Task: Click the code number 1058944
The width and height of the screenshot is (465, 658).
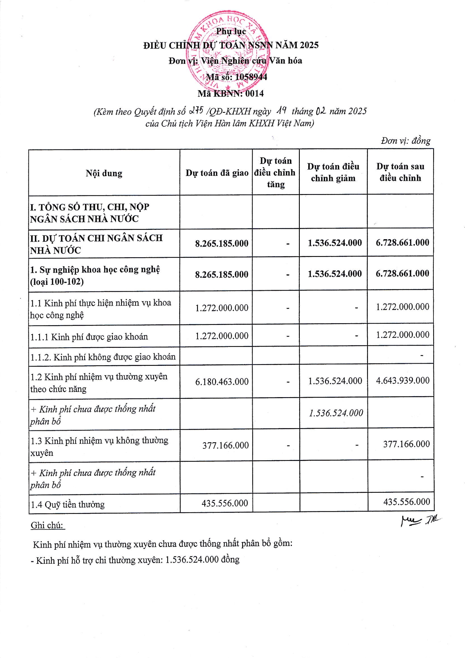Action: tap(251, 77)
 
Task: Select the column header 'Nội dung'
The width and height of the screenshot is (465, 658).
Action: tap(104, 173)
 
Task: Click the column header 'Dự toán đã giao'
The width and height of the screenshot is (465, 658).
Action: tap(217, 173)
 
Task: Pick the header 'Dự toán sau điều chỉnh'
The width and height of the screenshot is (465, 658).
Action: tap(400, 172)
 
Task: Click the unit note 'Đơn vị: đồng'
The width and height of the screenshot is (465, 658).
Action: tap(405, 141)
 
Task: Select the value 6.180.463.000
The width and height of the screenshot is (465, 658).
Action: tap(222, 382)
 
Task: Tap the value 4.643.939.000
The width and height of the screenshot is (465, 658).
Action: tap(403, 381)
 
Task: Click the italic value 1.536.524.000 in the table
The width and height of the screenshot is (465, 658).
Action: tap(336, 413)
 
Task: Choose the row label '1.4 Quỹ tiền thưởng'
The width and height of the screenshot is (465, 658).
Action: tap(68, 505)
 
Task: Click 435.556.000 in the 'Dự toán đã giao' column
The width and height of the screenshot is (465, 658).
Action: tap(225, 503)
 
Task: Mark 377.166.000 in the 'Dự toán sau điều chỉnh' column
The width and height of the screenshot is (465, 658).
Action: tap(406, 444)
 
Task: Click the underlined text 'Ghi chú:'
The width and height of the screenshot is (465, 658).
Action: tap(47, 525)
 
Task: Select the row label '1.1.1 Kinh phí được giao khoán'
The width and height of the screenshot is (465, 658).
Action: tap(89, 336)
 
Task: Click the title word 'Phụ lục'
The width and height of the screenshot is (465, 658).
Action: tap(231, 31)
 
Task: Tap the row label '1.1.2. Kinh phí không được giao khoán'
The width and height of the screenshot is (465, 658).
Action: tap(103, 357)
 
